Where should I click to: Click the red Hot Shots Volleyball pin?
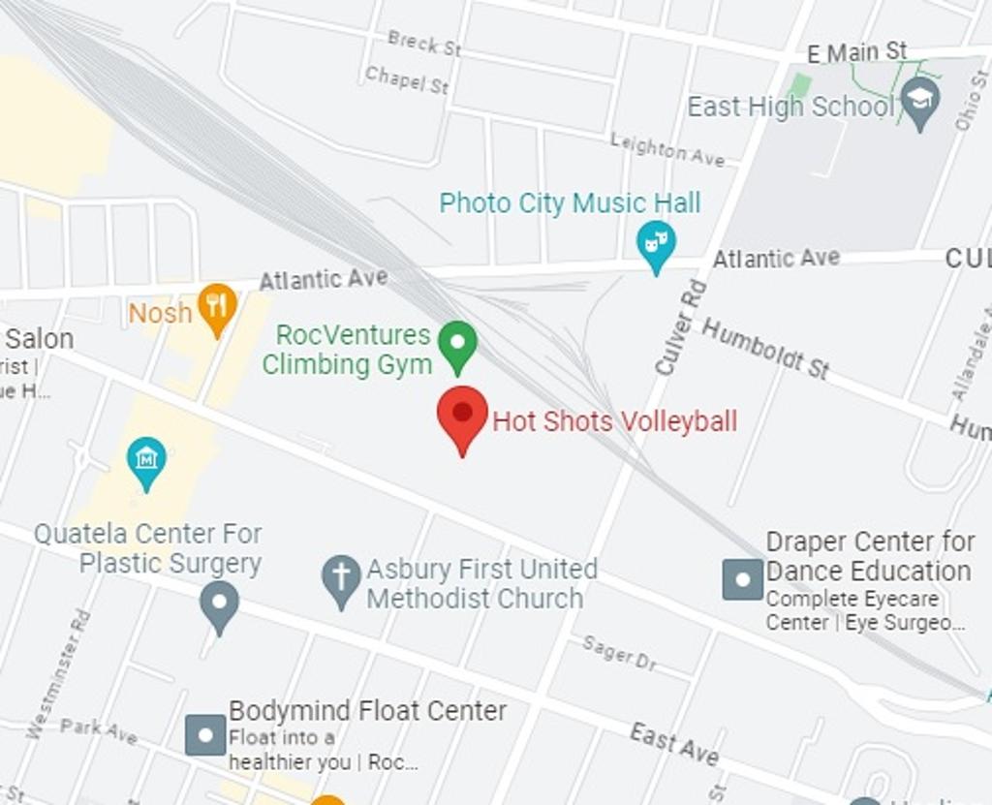[462, 416]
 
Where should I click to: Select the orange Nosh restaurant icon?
[217, 305]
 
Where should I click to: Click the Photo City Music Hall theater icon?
[656, 242]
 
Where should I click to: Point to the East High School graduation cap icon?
[919, 100]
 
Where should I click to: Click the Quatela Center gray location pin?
[219, 602]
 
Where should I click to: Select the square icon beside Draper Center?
[743, 579]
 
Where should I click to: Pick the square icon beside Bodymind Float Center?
[205, 734]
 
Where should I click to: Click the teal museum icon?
[146, 458]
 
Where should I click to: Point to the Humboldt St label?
[765, 349]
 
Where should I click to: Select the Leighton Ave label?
[667, 150]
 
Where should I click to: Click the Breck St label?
[424, 43]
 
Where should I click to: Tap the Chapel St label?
[407, 80]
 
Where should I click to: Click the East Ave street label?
[674, 743]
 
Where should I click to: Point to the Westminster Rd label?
[59, 672]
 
